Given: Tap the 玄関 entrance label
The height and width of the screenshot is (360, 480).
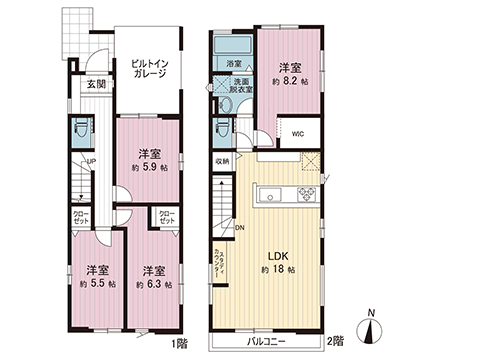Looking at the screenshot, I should pos(95,84).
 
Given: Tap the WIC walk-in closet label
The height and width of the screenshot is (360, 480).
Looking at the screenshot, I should pos(298,133).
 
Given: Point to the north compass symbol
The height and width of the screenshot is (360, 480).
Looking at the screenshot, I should pos(372,329).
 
